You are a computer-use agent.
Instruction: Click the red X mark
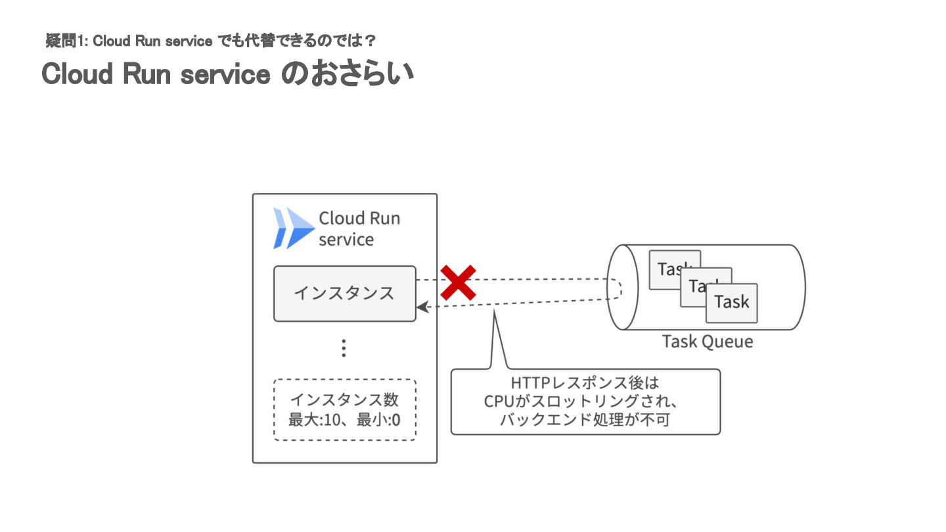458,282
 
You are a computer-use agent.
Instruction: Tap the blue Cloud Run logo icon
294,228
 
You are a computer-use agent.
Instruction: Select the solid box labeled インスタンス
344,294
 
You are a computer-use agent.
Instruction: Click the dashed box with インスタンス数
344,409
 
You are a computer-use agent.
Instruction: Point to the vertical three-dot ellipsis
344,348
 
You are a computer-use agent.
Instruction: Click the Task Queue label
707,342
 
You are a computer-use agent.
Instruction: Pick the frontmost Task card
731,303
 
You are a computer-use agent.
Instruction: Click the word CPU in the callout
497,401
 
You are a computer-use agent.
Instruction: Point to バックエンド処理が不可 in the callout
585,420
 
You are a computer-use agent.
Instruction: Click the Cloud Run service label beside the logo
359,229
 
